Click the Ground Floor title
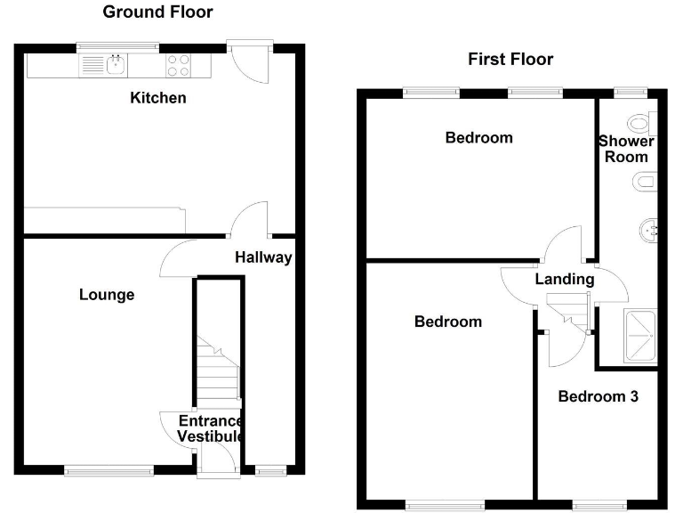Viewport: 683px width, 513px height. click(x=157, y=12)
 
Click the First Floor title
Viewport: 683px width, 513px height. click(x=510, y=60)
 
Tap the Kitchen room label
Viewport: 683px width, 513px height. click(x=158, y=98)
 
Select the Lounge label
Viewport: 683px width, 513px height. click(x=107, y=295)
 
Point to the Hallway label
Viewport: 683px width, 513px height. click(x=263, y=258)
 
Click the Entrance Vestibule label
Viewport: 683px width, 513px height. click(x=210, y=428)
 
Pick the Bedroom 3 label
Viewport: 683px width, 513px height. click(x=598, y=396)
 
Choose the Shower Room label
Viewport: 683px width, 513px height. click(x=626, y=149)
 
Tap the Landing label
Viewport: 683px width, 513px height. click(x=564, y=280)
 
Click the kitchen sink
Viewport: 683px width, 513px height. click(x=114, y=64)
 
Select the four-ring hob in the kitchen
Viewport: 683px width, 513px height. click(x=179, y=65)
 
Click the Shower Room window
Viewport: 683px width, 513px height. click(x=631, y=90)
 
